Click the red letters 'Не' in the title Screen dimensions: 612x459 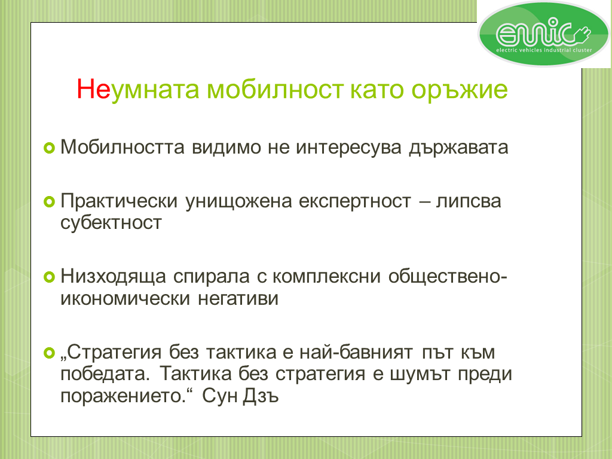click(x=94, y=90)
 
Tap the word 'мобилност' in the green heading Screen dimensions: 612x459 click(x=275, y=90)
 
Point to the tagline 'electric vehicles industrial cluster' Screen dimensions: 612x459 click(x=544, y=50)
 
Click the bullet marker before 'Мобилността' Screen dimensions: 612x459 click(x=49, y=148)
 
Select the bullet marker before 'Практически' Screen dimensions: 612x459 click(x=49, y=202)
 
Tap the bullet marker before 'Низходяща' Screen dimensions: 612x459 click(x=49, y=277)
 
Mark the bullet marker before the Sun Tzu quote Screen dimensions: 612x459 click(x=49, y=353)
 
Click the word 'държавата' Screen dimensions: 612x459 click(x=458, y=148)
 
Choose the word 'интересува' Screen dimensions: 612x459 click(x=348, y=148)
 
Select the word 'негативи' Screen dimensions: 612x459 click(x=238, y=299)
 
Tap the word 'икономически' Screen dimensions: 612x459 click(x=126, y=299)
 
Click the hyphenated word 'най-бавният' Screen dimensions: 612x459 click(x=356, y=353)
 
